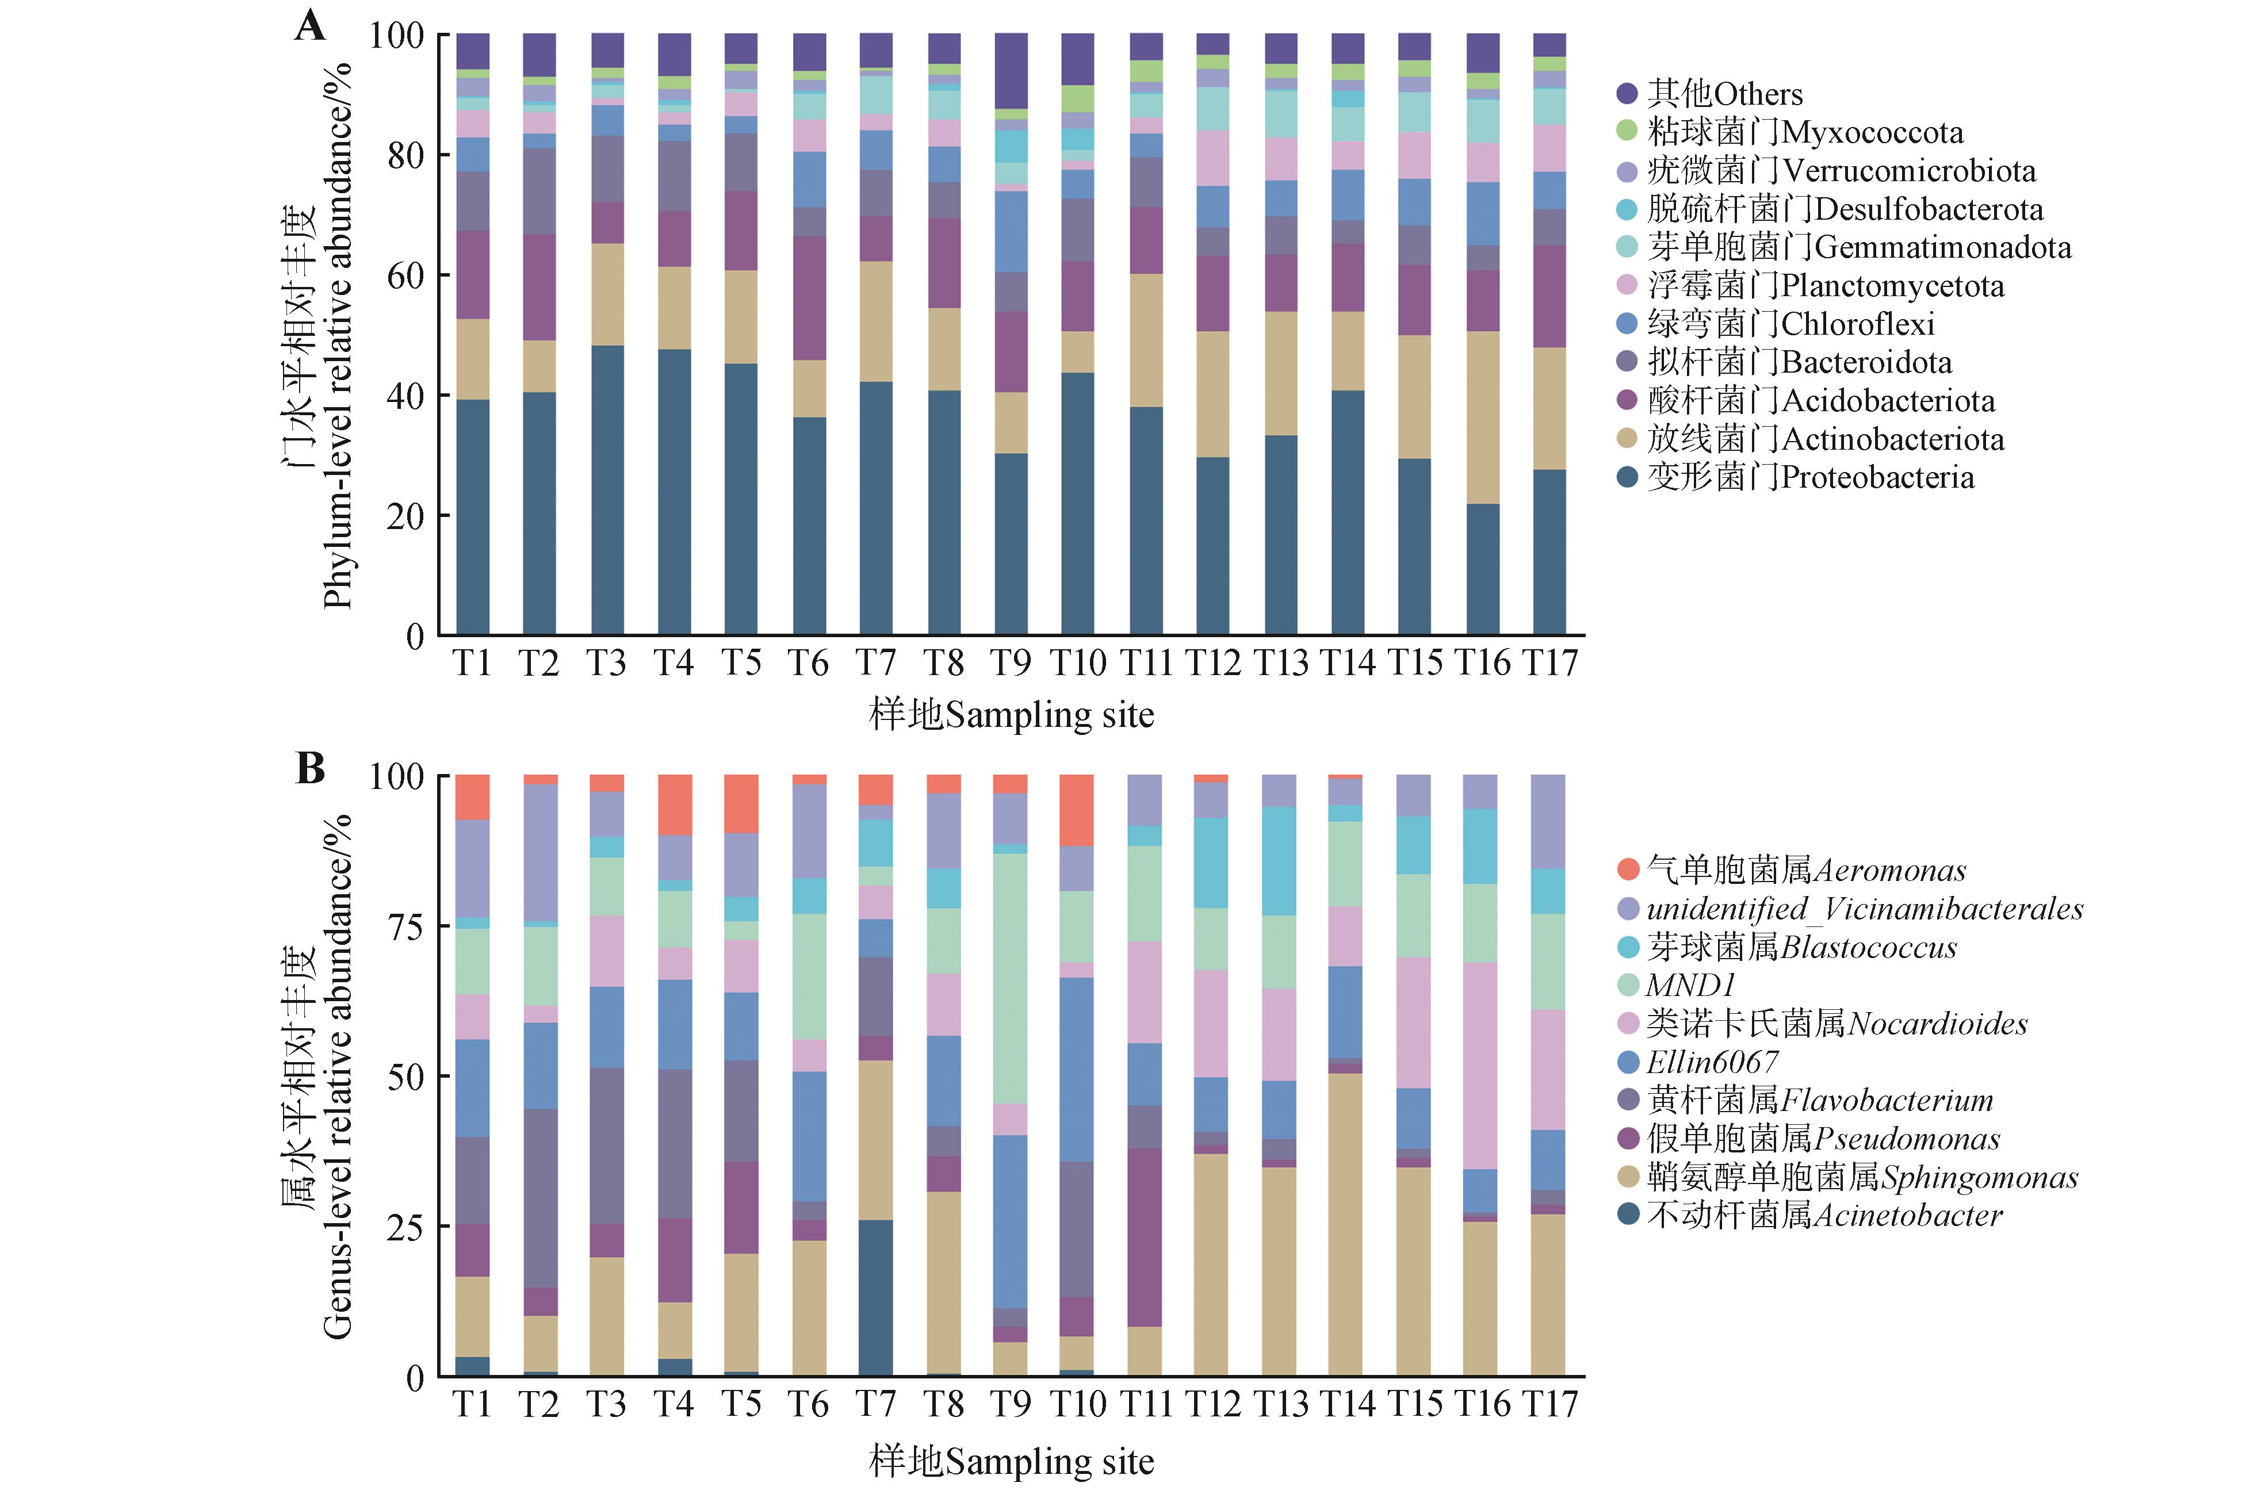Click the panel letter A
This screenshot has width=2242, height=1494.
(309, 26)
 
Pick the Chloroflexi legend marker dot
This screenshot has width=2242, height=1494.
(1627, 324)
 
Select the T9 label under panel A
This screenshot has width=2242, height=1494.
(1010, 663)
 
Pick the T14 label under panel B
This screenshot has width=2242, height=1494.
(1347, 1404)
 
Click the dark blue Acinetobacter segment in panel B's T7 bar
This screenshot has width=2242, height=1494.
(875, 1298)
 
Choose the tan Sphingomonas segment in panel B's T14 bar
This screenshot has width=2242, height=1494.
(1347, 1224)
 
